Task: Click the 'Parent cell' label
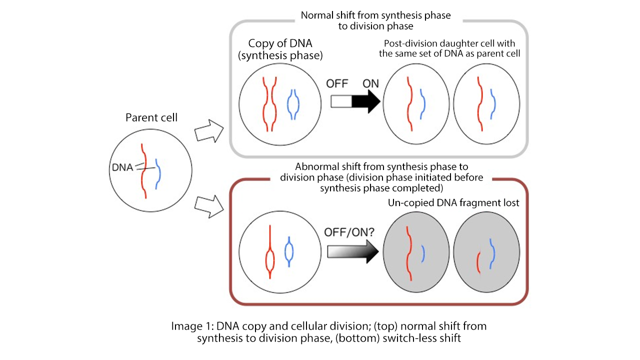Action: [x=151, y=118]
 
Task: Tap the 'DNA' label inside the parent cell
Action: [x=123, y=168]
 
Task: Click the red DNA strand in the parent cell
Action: [x=144, y=170]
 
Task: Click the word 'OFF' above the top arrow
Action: [x=337, y=83]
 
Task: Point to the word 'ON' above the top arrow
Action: [x=370, y=83]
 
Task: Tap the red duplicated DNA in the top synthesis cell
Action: [x=269, y=102]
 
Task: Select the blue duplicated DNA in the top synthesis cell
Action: [x=293, y=104]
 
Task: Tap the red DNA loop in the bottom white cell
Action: [x=269, y=259]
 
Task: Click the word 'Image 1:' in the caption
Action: [x=192, y=326]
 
